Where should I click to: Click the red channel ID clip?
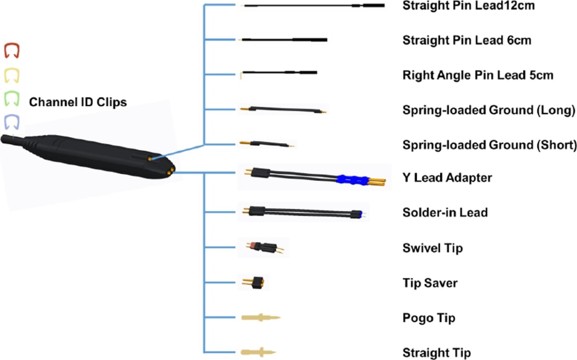[11, 50]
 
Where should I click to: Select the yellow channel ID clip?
[11, 75]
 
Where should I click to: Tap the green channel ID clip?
[11, 99]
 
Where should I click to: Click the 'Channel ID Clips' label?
[78, 102]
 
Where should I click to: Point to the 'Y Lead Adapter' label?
[447, 178]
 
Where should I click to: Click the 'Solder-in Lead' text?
[445, 212]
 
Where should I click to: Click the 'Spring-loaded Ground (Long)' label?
[488, 111]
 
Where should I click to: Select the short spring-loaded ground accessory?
[266, 144]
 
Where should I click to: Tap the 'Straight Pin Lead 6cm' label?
[467, 40]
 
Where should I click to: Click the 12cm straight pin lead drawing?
[314, 5]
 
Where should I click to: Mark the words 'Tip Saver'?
[430, 283]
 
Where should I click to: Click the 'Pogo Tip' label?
[429, 318]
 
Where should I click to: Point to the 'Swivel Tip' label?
[433, 248]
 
